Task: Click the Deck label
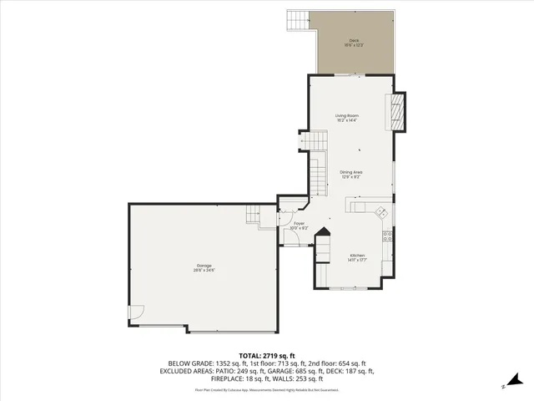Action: click(x=353, y=40)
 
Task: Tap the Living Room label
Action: click(x=346, y=115)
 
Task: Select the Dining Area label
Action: click(x=350, y=172)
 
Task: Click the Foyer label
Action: click(x=299, y=223)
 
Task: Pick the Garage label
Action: click(x=204, y=266)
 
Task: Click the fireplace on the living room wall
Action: click(x=399, y=111)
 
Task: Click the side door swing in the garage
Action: click(x=134, y=313)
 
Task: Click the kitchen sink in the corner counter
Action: click(x=380, y=211)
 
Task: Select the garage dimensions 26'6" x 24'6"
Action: click(x=204, y=271)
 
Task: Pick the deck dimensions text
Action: click(x=353, y=45)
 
